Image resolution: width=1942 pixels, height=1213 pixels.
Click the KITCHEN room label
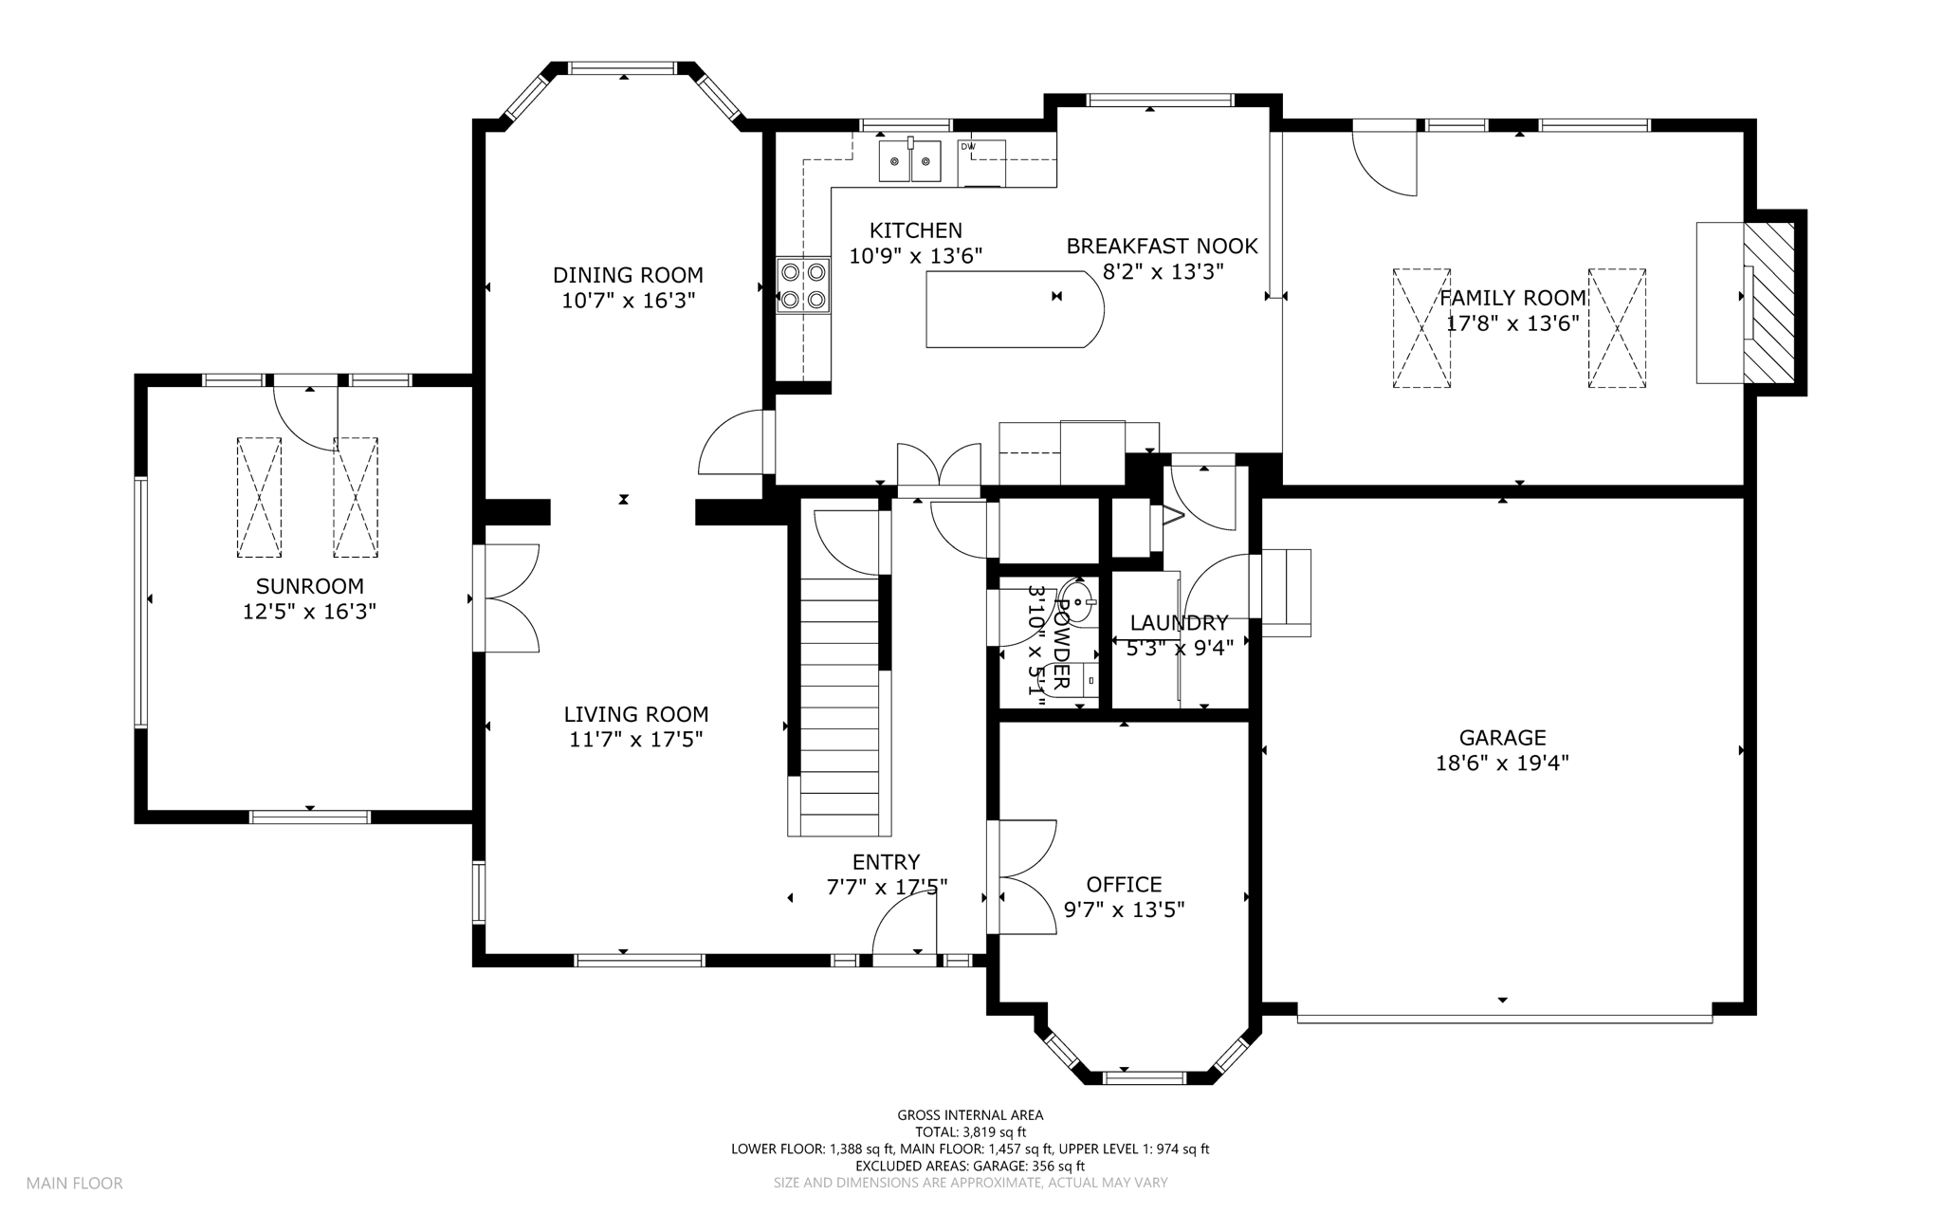915,230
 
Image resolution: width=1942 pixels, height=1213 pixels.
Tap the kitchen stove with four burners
803,285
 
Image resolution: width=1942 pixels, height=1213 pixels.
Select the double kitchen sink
910,160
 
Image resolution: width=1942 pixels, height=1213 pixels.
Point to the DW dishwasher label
967,146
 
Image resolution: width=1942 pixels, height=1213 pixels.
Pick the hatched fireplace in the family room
1769,303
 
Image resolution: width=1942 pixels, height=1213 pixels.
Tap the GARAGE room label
1502,737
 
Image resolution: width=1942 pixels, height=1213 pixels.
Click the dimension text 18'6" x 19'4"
1502,763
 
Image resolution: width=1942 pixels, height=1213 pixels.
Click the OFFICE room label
1124,884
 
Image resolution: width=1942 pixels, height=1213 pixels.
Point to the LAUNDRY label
1179,623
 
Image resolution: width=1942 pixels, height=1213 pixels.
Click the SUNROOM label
310,586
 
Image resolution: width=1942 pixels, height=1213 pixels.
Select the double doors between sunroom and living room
507,597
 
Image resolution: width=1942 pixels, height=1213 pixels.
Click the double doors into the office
1021,877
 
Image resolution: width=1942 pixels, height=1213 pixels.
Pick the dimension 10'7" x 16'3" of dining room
628,301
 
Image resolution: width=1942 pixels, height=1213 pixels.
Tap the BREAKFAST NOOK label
1162,247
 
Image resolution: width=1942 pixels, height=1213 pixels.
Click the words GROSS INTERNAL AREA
970,1115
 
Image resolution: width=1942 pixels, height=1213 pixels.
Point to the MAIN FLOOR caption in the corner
74,1183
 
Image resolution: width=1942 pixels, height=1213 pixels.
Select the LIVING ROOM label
636,714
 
